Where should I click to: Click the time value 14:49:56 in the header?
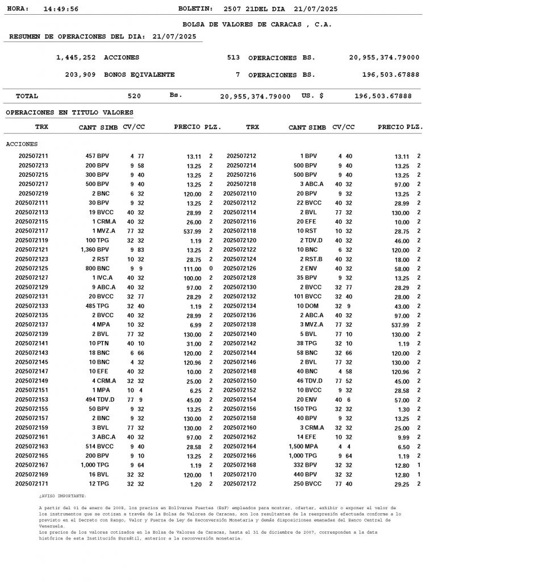(61, 9)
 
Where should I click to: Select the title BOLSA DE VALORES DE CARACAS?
(257, 24)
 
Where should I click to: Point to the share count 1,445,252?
(76, 57)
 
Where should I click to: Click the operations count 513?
(233, 57)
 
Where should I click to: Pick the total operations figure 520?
(134, 96)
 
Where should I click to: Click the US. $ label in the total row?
(312, 96)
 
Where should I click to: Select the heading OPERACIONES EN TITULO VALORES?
(69, 113)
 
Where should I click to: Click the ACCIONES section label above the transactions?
(22, 144)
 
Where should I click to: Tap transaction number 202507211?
(34, 156)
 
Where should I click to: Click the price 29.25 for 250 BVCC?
(402, 484)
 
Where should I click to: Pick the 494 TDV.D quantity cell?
(99, 400)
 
